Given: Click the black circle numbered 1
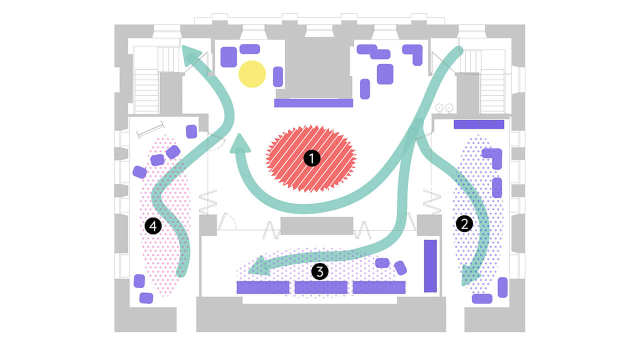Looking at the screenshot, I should pyautogui.click(x=311, y=159).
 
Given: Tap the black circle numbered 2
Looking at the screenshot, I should pyautogui.click(x=464, y=224).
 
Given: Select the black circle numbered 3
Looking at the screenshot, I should pyautogui.click(x=319, y=271).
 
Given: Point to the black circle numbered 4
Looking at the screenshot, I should pyautogui.click(x=153, y=226).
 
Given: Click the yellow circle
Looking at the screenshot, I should pyautogui.click(x=252, y=74).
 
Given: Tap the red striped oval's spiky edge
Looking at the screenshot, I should pyautogui.click(x=270, y=159).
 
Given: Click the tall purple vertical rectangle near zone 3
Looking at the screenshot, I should pyautogui.click(x=430, y=265).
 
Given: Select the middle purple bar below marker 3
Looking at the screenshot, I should pyautogui.click(x=321, y=287).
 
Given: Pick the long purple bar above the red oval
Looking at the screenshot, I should pyautogui.click(x=313, y=103).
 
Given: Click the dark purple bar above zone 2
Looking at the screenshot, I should pyautogui.click(x=478, y=124).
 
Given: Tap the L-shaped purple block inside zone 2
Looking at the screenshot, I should pyautogui.click(x=493, y=157).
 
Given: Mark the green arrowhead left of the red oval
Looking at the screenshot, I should pyautogui.click(x=240, y=144).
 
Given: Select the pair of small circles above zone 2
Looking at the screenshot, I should pyautogui.click(x=444, y=107).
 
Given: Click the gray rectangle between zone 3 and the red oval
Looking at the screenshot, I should pyautogui.click(x=316, y=225).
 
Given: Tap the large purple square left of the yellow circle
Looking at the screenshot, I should pyautogui.click(x=228, y=57).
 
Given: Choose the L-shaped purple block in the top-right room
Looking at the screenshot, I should pyautogui.click(x=414, y=53).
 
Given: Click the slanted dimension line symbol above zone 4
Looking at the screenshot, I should pyautogui.click(x=150, y=129).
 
